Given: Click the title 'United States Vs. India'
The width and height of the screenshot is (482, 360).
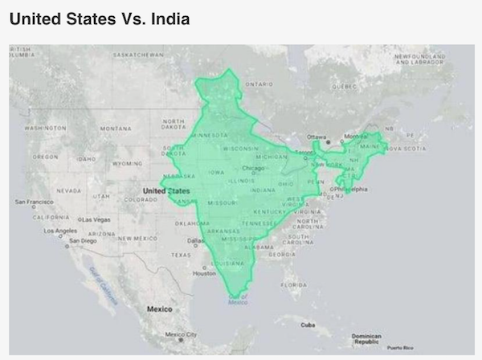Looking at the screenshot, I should pos(100,17).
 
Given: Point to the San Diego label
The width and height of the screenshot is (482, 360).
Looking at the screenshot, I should pos(82,239).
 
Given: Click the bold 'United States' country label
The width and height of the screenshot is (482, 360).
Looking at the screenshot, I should pos(165,190).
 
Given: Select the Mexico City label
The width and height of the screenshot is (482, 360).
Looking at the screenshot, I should pos(181,333).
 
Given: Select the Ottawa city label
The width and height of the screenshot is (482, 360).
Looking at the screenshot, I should pos(317,137).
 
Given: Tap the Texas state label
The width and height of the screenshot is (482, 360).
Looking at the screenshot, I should pos(182,255).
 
